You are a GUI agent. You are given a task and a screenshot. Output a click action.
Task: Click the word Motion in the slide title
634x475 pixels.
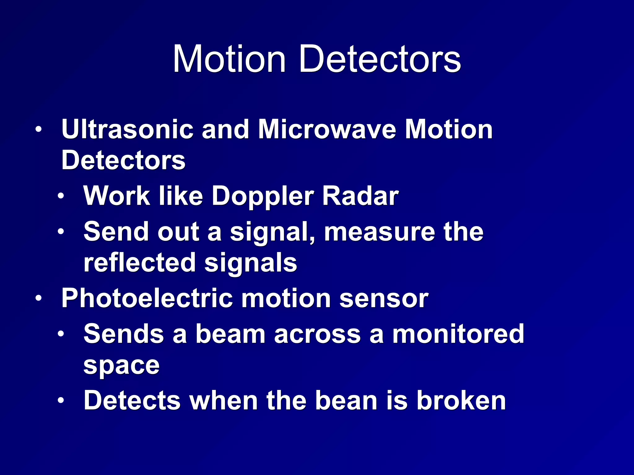click(x=229, y=59)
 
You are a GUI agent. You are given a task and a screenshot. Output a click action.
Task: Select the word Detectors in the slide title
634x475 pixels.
click(x=380, y=59)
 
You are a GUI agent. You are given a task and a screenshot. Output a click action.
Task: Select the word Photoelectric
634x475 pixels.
click(x=147, y=298)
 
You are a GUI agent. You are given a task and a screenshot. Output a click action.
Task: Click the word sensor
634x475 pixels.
click(x=384, y=299)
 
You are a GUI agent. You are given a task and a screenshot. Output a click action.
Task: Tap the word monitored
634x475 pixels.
click(x=458, y=334)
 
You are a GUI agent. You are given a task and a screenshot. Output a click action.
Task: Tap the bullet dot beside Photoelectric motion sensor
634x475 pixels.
click(x=39, y=298)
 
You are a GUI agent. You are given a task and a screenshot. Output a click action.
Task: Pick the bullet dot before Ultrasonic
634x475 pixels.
click(x=39, y=130)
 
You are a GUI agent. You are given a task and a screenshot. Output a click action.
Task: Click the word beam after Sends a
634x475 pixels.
click(x=230, y=334)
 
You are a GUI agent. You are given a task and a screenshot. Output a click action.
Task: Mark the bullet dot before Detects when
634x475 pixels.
click(x=61, y=400)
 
